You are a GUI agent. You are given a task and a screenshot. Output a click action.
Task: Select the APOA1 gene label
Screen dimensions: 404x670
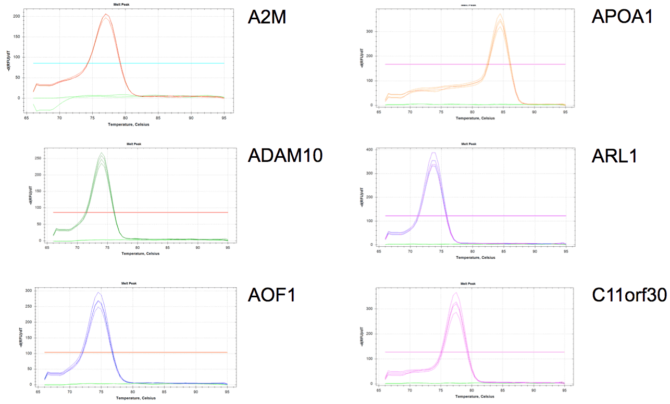pos(622,17)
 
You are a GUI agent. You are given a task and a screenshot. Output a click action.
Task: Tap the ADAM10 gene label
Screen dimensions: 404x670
pos(285,155)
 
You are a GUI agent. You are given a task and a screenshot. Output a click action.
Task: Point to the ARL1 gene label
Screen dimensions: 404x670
pos(614,156)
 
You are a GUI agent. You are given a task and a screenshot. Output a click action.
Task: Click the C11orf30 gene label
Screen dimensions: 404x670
pos(629,295)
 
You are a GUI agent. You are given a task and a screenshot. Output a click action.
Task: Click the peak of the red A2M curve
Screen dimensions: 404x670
pos(106,15)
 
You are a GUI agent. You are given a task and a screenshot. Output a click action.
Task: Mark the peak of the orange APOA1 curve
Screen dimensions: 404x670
pos(500,15)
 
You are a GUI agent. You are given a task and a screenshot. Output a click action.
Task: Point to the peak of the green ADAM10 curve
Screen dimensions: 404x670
pos(102,153)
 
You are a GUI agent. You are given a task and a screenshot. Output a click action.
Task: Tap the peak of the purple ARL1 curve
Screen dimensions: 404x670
pos(433,153)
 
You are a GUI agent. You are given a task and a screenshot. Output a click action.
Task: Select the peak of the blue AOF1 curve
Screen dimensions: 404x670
pos(97,293)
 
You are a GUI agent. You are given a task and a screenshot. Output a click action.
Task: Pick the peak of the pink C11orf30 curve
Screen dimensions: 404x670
pos(456,293)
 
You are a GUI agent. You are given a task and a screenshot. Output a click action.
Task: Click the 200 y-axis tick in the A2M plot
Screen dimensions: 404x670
pos(15,16)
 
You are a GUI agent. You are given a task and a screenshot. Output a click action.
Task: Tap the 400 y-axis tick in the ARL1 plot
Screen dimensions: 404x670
pos(369,150)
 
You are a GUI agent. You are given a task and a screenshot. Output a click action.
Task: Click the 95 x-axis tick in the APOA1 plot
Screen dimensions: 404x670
pos(565,112)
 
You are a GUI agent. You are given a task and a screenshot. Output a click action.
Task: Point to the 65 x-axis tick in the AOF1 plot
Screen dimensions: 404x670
pos(38,392)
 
